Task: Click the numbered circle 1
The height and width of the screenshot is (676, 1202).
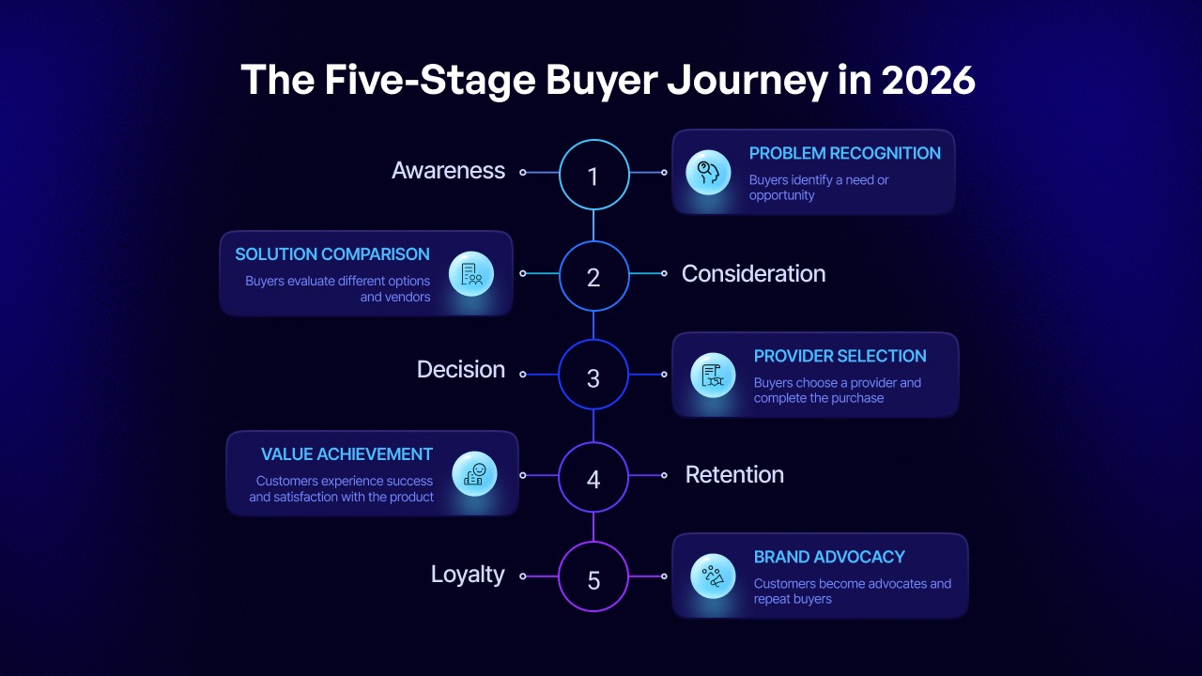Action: click(593, 175)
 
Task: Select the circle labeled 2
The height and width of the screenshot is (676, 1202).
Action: click(593, 276)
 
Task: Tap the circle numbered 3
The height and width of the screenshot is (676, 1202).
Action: click(593, 376)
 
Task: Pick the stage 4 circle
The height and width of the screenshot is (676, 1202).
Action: click(593, 478)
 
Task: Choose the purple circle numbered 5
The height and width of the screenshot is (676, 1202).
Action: click(593, 578)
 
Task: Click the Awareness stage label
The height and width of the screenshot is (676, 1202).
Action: click(448, 171)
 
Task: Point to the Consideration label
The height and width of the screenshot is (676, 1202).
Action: click(753, 273)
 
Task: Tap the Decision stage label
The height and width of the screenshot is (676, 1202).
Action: click(460, 370)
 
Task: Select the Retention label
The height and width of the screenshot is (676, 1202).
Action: click(734, 474)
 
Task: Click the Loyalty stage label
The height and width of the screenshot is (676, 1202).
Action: click(468, 574)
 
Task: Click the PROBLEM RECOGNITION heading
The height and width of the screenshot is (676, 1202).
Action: click(844, 153)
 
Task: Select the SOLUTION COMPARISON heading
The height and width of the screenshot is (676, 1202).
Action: click(332, 254)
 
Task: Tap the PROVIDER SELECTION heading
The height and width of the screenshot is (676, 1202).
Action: click(840, 356)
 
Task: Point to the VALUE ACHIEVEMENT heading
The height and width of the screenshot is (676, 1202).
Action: click(347, 454)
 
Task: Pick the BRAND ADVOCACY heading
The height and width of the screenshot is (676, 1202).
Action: click(827, 557)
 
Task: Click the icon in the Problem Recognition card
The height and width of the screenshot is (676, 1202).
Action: click(709, 173)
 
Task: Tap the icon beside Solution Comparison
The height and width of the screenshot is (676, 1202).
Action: click(471, 274)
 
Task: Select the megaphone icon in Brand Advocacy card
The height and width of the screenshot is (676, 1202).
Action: click(713, 576)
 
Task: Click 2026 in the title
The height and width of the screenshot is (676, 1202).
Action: click(928, 81)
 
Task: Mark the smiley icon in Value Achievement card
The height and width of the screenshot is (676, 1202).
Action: click(474, 474)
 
